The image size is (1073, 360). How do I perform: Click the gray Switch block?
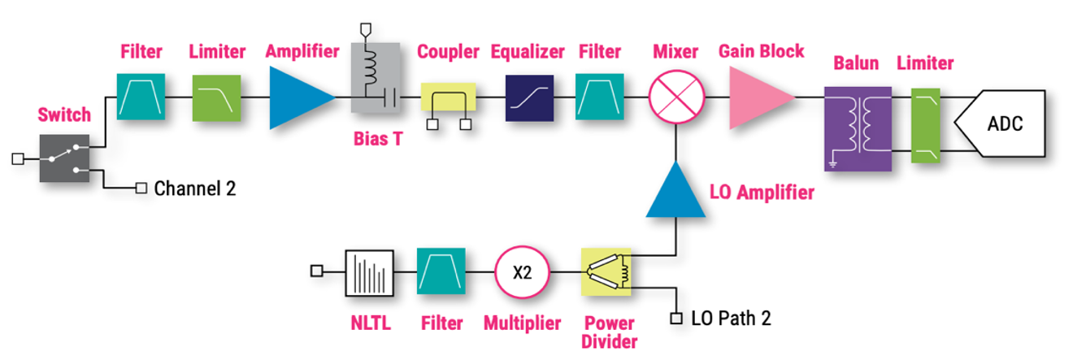(64, 158)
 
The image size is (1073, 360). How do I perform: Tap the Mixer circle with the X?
(676, 98)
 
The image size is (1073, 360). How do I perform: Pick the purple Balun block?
(858, 128)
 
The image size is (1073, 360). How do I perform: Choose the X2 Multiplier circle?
(522, 272)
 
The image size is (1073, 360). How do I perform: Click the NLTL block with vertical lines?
(369, 273)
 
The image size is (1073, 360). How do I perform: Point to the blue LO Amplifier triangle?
(676, 189)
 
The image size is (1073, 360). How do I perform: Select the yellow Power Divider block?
(606, 272)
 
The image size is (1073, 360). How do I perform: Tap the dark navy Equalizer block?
(529, 98)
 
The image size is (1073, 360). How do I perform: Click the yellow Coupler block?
(449, 97)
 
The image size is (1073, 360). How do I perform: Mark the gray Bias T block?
(376, 77)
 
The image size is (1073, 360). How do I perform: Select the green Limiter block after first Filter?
(216, 98)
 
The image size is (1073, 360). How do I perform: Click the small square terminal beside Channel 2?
(141, 189)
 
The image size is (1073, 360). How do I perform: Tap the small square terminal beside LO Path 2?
(676, 319)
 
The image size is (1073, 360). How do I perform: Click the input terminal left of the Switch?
(18, 158)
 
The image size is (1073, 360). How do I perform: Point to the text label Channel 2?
(195, 189)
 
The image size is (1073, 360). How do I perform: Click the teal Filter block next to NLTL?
(441, 271)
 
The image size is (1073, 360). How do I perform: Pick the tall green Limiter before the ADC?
(925, 125)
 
